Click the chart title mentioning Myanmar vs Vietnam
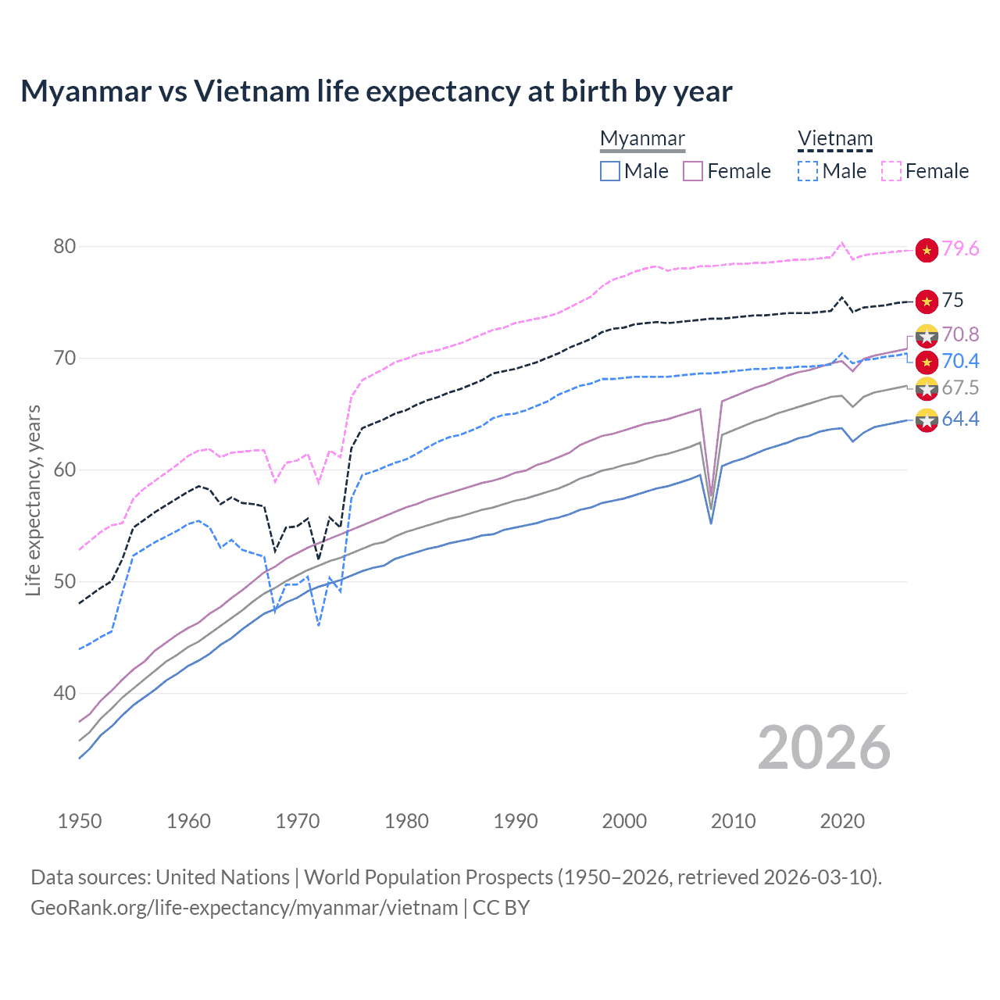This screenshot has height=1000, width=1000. (x=376, y=91)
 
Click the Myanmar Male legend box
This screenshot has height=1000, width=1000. (x=610, y=171)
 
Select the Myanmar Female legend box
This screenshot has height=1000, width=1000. (x=693, y=171)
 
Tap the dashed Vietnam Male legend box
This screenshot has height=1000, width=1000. (x=808, y=171)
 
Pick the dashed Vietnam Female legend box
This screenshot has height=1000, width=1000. (x=891, y=171)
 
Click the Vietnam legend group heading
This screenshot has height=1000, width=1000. (x=834, y=139)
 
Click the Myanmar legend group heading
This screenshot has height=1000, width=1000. (x=642, y=139)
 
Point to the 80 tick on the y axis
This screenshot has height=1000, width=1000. (x=65, y=247)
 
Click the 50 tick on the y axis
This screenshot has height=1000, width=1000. (x=65, y=582)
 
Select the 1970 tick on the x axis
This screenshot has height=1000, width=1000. (x=298, y=821)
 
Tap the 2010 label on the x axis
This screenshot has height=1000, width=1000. (x=733, y=821)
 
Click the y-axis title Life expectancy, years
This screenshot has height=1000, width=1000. (x=34, y=500)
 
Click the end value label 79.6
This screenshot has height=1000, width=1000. (x=960, y=248)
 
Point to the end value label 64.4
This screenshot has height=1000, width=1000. (x=960, y=420)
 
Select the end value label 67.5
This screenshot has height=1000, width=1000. (x=960, y=388)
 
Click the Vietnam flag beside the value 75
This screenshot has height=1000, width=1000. (x=927, y=301)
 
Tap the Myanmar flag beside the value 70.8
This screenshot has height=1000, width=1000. (x=927, y=335)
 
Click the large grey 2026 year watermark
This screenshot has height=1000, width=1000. (x=824, y=748)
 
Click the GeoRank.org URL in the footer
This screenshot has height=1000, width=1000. (x=244, y=908)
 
